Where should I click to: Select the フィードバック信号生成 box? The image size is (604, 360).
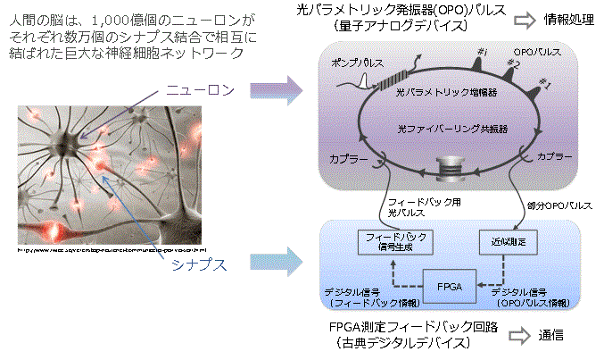click(x=390, y=241)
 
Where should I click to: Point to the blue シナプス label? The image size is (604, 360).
click(x=205, y=265)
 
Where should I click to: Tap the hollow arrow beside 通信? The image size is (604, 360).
click(x=526, y=337)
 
